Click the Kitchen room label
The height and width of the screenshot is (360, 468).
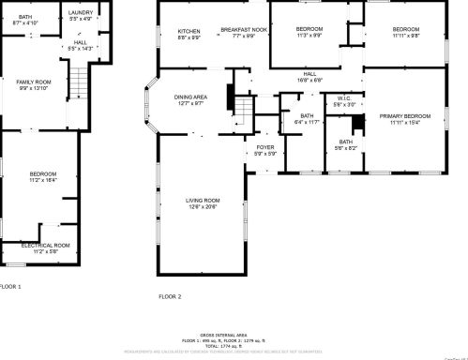click(189, 34)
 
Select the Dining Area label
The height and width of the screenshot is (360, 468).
click(190, 100)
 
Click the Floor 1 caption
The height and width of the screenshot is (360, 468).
click(9, 286)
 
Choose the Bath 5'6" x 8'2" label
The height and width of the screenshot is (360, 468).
click(345, 145)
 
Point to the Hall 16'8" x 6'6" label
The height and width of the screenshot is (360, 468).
click(309, 77)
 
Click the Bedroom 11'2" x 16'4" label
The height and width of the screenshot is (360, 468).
click(43, 176)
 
